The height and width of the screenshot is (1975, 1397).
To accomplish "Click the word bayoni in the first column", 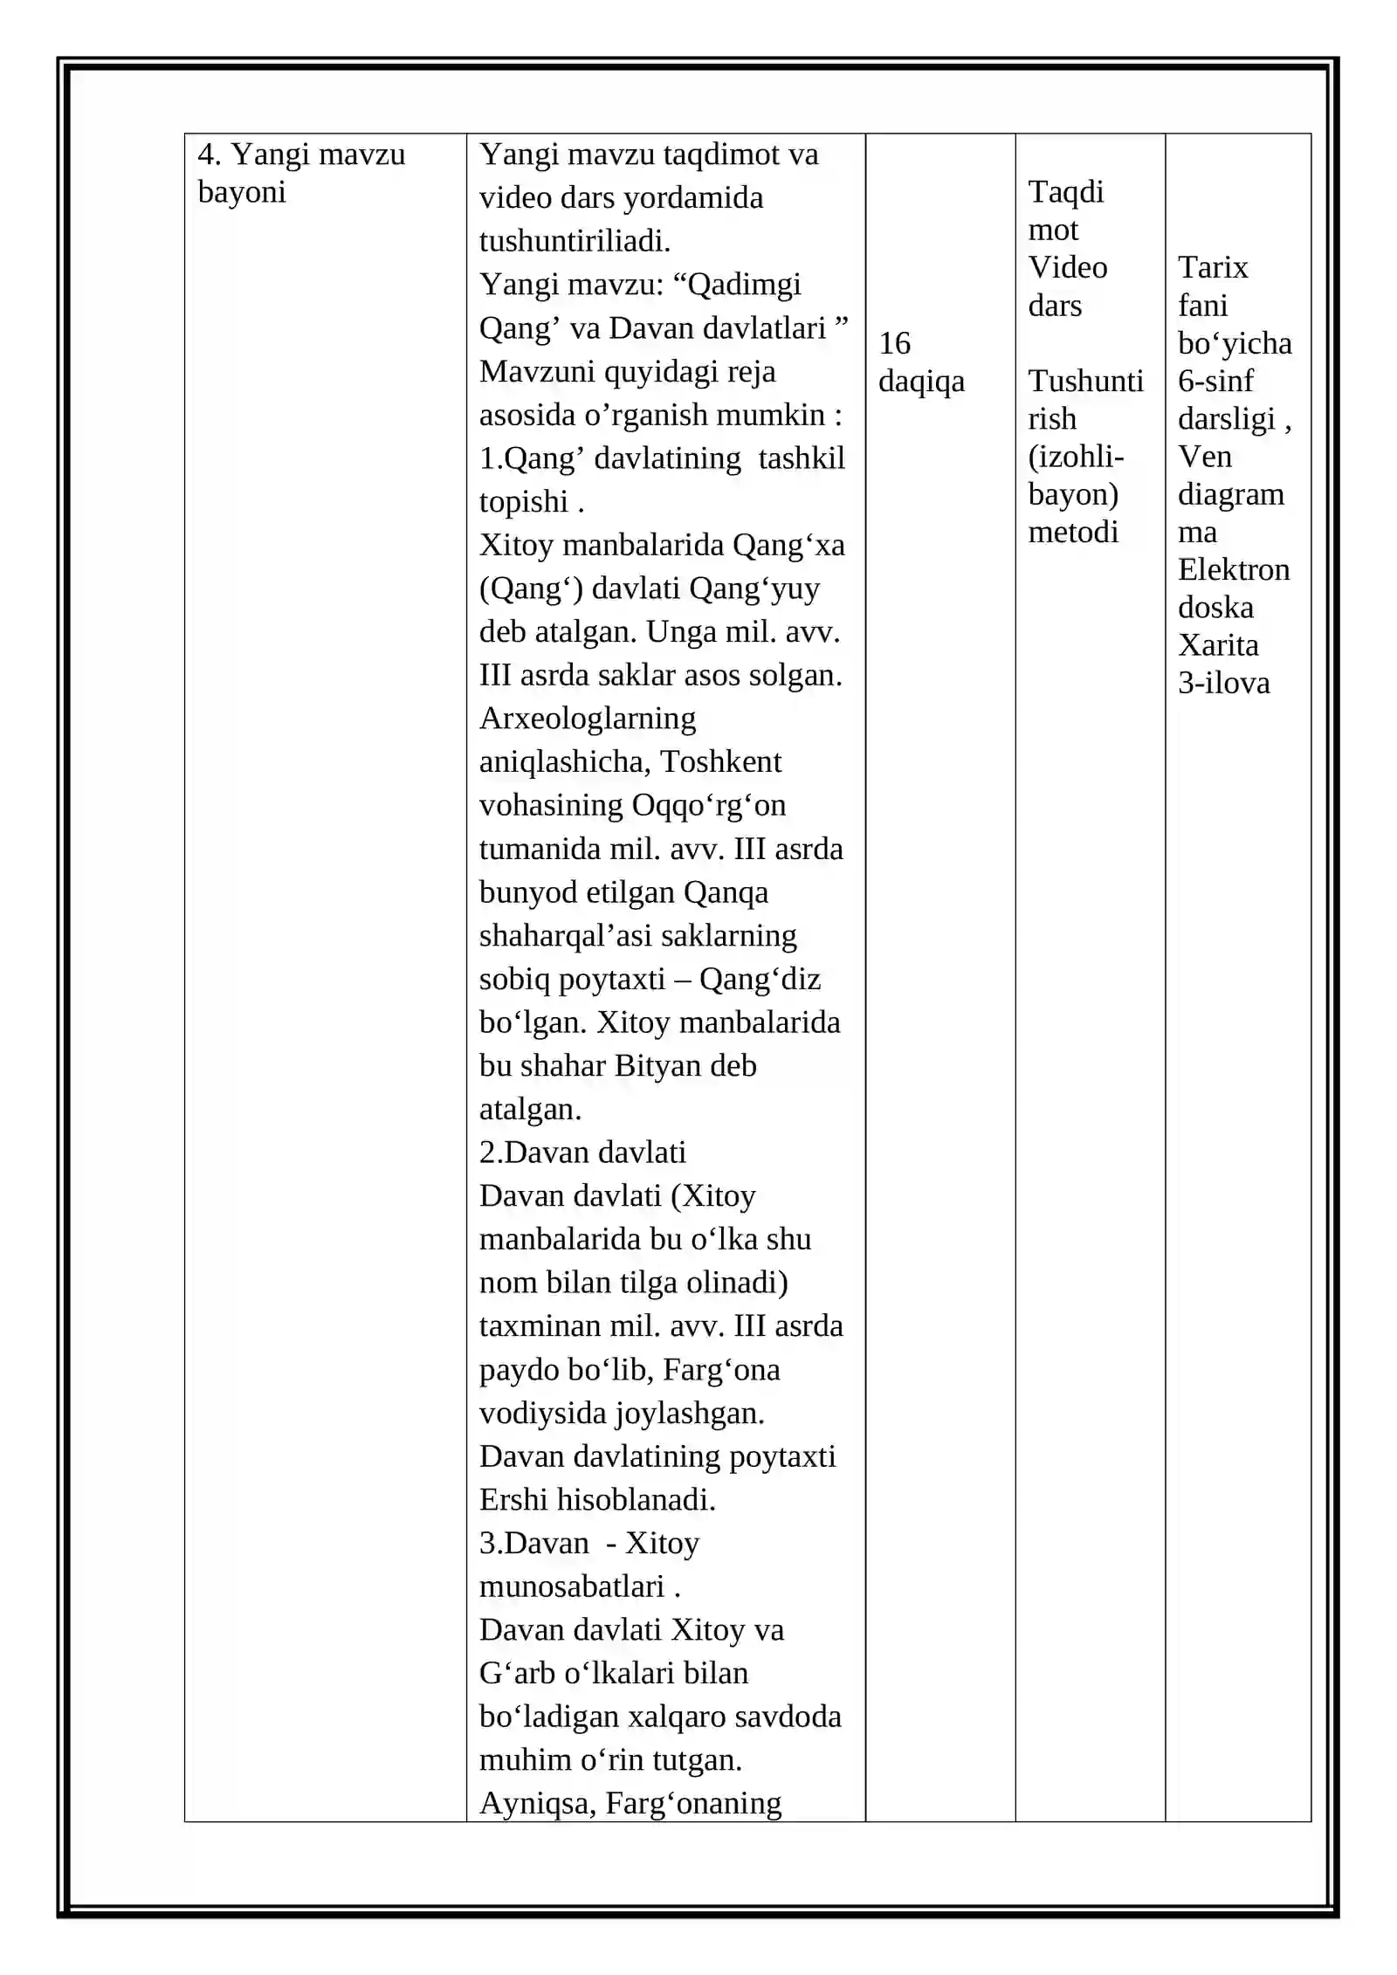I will [242, 192].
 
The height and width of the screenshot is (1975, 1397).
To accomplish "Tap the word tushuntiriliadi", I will [575, 241].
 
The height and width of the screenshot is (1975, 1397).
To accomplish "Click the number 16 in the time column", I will [894, 343].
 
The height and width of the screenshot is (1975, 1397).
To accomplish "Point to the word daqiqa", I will [921, 382].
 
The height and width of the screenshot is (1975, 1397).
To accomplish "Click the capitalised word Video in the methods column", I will [1067, 267].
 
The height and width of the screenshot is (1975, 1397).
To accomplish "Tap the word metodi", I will [1072, 532].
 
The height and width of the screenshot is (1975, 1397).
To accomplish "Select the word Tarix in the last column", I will [1212, 267].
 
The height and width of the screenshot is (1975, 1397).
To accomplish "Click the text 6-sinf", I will [1215, 381].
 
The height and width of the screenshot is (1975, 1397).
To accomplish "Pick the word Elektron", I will [1233, 569].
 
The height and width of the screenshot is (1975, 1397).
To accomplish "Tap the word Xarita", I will [1218, 645].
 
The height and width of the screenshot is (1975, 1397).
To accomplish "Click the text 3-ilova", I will [1223, 683].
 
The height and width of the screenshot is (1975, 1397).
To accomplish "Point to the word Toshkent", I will [720, 762].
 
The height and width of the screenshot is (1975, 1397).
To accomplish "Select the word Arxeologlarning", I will [587, 719].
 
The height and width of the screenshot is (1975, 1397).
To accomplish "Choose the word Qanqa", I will [726, 892].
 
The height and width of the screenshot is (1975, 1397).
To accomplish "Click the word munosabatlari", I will [571, 1586].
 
